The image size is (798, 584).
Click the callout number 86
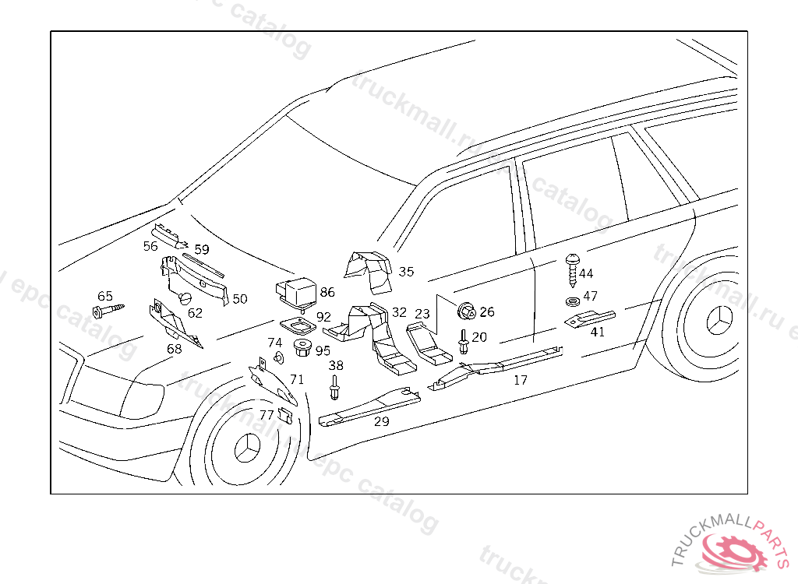pyautogui.click(x=327, y=292)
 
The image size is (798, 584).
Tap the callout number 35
pyautogui.click(x=406, y=272)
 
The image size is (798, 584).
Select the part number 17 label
pyautogui.click(x=521, y=380)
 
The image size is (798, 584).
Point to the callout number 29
pyautogui.click(x=381, y=421)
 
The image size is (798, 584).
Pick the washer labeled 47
pyautogui.click(x=572, y=301)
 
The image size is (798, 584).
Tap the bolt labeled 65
pyautogui.click(x=110, y=311)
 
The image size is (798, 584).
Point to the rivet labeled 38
pyautogui.click(x=334, y=386)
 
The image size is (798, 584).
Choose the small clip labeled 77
pyautogui.click(x=285, y=417)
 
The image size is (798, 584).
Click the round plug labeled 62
pyautogui.click(x=185, y=300)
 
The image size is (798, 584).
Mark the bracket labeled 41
pyautogui.click(x=589, y=318)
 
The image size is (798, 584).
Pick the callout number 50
pyautogui.click(x=240, y=299)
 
